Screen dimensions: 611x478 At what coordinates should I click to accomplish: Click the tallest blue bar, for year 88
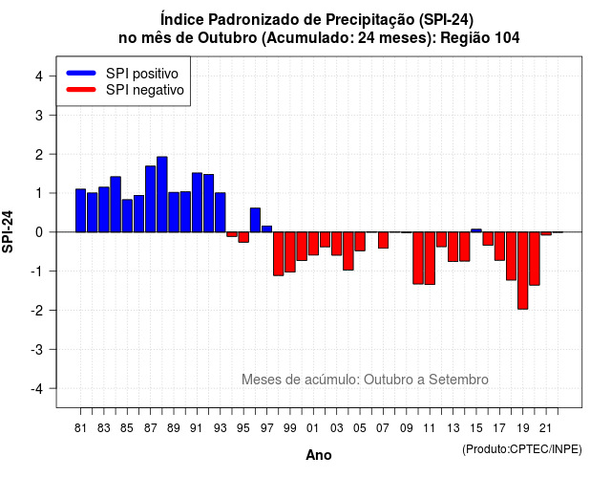click(162, 194)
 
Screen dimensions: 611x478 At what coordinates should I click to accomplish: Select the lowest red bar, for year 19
click(523, 271)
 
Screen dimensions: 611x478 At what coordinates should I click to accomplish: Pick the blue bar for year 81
click(80, 210)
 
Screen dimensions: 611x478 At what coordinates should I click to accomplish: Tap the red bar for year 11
click(430, 258)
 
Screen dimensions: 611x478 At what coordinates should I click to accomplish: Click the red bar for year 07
click(384, 240)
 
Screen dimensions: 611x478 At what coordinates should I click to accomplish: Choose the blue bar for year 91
click(198, 203)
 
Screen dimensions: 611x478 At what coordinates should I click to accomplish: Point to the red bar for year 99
click(290, 252)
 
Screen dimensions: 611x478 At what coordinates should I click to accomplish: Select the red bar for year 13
click(453, 247)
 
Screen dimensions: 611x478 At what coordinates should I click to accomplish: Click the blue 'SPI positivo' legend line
click(81, 73)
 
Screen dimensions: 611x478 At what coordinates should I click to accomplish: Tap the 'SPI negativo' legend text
click(145, 90)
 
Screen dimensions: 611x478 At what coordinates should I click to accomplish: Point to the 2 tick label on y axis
click(39, 155)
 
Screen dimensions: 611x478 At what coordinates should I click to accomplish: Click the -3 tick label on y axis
click(36, 350)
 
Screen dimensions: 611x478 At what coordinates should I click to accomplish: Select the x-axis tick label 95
click(243, 428)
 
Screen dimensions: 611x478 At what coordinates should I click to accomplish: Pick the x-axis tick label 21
click(545, 428)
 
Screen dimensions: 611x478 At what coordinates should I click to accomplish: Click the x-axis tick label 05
click(360, 428)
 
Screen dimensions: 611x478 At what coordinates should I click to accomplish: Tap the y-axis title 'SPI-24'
click(8, 231)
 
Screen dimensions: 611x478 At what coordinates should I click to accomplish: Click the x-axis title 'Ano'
click(319, 455)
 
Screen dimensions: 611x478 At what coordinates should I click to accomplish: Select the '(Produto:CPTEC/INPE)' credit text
click(522, 449)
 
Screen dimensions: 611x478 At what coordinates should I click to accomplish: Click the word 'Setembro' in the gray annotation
click(458, 380)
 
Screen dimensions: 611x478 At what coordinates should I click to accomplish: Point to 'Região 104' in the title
click(480, 38)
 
